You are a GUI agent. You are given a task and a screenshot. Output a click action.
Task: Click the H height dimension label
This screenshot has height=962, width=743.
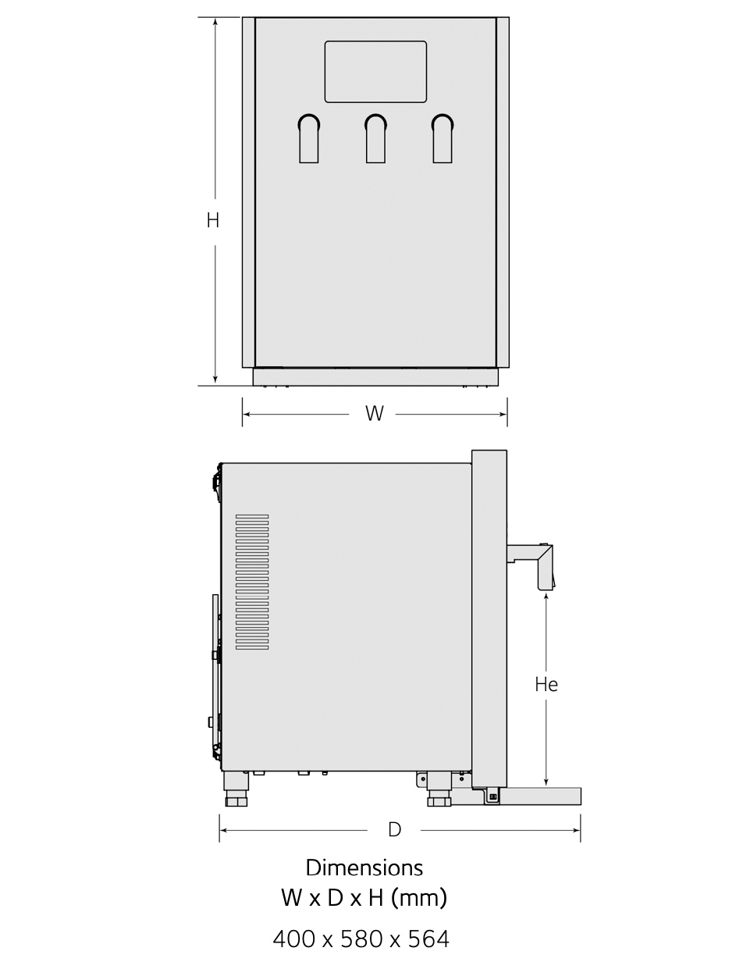[213, 220]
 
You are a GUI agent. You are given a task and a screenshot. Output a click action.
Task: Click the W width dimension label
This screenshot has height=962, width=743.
[375, 414]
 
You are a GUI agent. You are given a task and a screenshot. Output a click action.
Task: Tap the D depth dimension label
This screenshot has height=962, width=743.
[394, 829]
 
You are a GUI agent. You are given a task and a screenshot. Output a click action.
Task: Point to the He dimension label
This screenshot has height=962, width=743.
[546, 685]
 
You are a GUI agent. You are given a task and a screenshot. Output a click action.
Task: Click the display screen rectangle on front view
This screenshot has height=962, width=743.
[375, 72]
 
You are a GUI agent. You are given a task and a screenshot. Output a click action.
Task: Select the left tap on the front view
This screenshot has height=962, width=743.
[309, 138]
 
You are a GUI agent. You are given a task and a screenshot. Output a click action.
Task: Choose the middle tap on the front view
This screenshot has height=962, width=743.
[375, 138]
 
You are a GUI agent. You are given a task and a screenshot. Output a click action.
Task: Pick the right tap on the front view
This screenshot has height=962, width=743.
[443, 138]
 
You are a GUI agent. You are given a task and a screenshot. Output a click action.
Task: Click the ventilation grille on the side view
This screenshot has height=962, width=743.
[252, 583]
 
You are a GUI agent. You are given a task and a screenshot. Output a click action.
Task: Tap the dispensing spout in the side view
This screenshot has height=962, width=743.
[531, 567]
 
